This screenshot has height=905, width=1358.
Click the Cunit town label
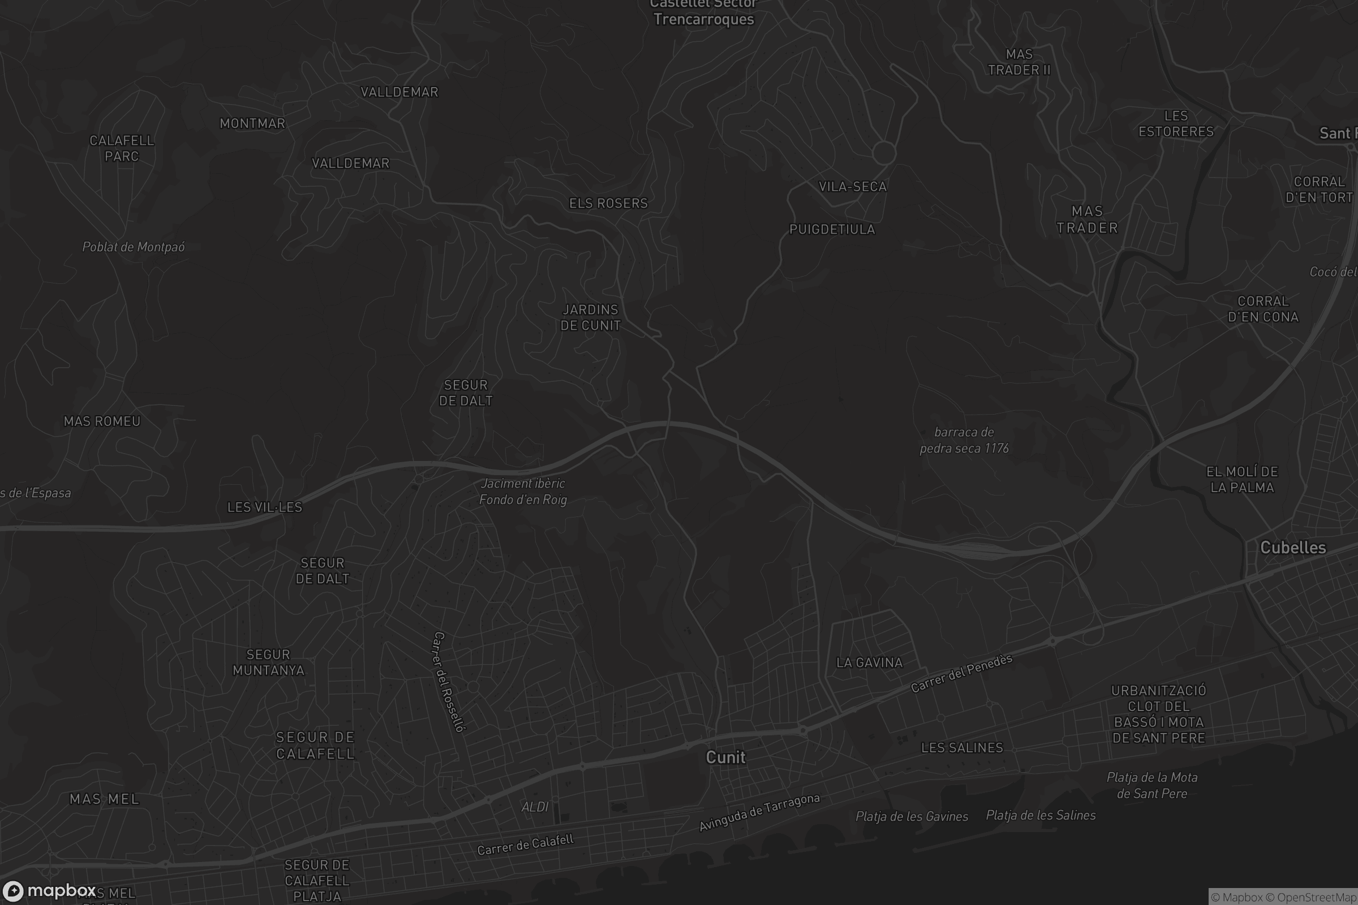pyautogui.click(x=725, y=757)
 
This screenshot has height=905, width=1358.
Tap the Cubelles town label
pyautogui.click(x=1293, y=547)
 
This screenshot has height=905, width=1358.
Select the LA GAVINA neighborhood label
pyautogui.click(x=869, y=662)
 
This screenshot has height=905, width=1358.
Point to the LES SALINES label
pyautogui.click(x=962, y=747)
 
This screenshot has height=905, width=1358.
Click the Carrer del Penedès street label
pyautogui.click(x=961, y=674)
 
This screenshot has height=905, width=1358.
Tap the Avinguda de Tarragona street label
pyautogui.click(x=759, y=813)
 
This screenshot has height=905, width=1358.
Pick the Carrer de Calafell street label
pyautogui.click(x=526, y=844)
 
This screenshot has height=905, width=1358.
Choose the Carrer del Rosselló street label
pyautogui.click(x=449, y=682)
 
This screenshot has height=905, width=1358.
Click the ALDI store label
pyautogui.click(x=535, y=807)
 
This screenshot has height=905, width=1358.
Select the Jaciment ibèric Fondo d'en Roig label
pyautogui.click(x=523, y=491)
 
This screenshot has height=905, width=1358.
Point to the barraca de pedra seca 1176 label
pyautogui.click(x=964, y=440)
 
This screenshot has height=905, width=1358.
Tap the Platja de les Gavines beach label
pyautogui.click(x=912, y=816)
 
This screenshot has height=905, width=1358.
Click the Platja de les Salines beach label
pyautogui.click(x=1041, y=815)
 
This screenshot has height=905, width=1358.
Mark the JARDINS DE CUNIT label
pyautogui.click(x=590, y=317)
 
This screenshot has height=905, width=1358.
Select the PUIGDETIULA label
pyautogui.click(x=832, y=229)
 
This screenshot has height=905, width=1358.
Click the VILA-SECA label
pyautogui.click(x=852, y=187)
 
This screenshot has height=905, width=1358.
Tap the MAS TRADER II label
pyautogui.click(x=1019, y=62)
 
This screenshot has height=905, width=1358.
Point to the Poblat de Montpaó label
pyautogui.click(x=134, y=247)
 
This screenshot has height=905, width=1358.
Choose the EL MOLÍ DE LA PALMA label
pyautogui.click(x=1242, y=479)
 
